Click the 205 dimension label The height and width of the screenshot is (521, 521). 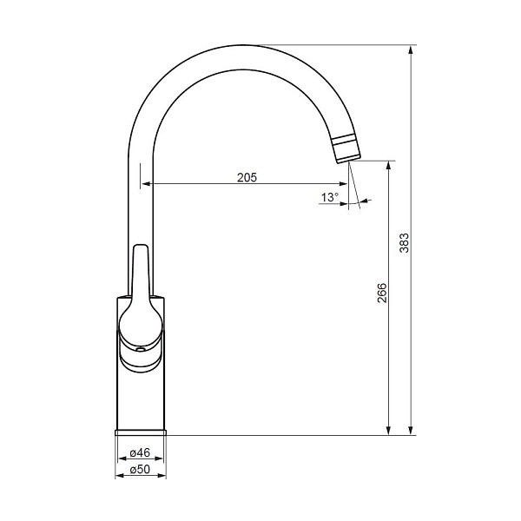247,177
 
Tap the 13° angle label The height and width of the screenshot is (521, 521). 330,197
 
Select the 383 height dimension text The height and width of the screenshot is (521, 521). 404,243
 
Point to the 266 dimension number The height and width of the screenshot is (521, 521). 382,293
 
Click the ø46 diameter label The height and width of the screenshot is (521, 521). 140,452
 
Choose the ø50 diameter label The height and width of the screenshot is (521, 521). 140,469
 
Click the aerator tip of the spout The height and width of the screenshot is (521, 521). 346,149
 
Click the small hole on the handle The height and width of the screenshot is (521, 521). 141,349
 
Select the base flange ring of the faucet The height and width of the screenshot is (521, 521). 141,432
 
